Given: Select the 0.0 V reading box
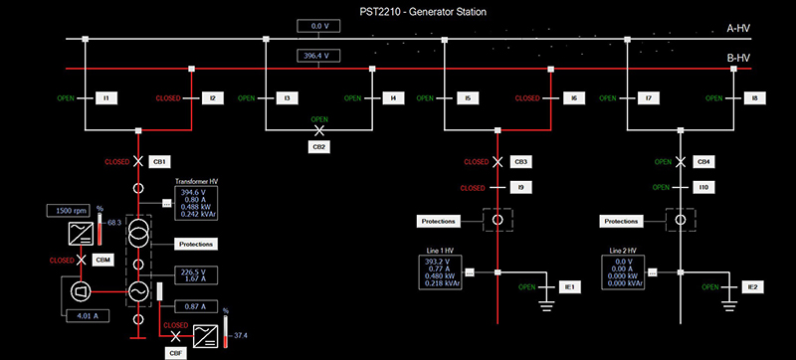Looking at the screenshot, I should (x=318, y=26).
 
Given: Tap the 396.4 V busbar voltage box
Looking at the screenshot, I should (x=318, y=57).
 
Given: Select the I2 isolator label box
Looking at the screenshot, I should (x=212, y=98).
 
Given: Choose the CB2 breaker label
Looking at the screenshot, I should (x=319, y=146).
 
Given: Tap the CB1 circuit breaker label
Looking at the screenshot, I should (x=160, y=161).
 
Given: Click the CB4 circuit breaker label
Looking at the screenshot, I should (x=703, y=161).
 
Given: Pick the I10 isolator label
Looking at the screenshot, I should (x=703, y=187).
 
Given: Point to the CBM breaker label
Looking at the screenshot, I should (x=100, y=260).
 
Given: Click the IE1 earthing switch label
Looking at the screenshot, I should (x=569, y=286).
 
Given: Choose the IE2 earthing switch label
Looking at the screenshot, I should (x=752, y=286).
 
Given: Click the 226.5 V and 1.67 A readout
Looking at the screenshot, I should (x=191, y=275).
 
